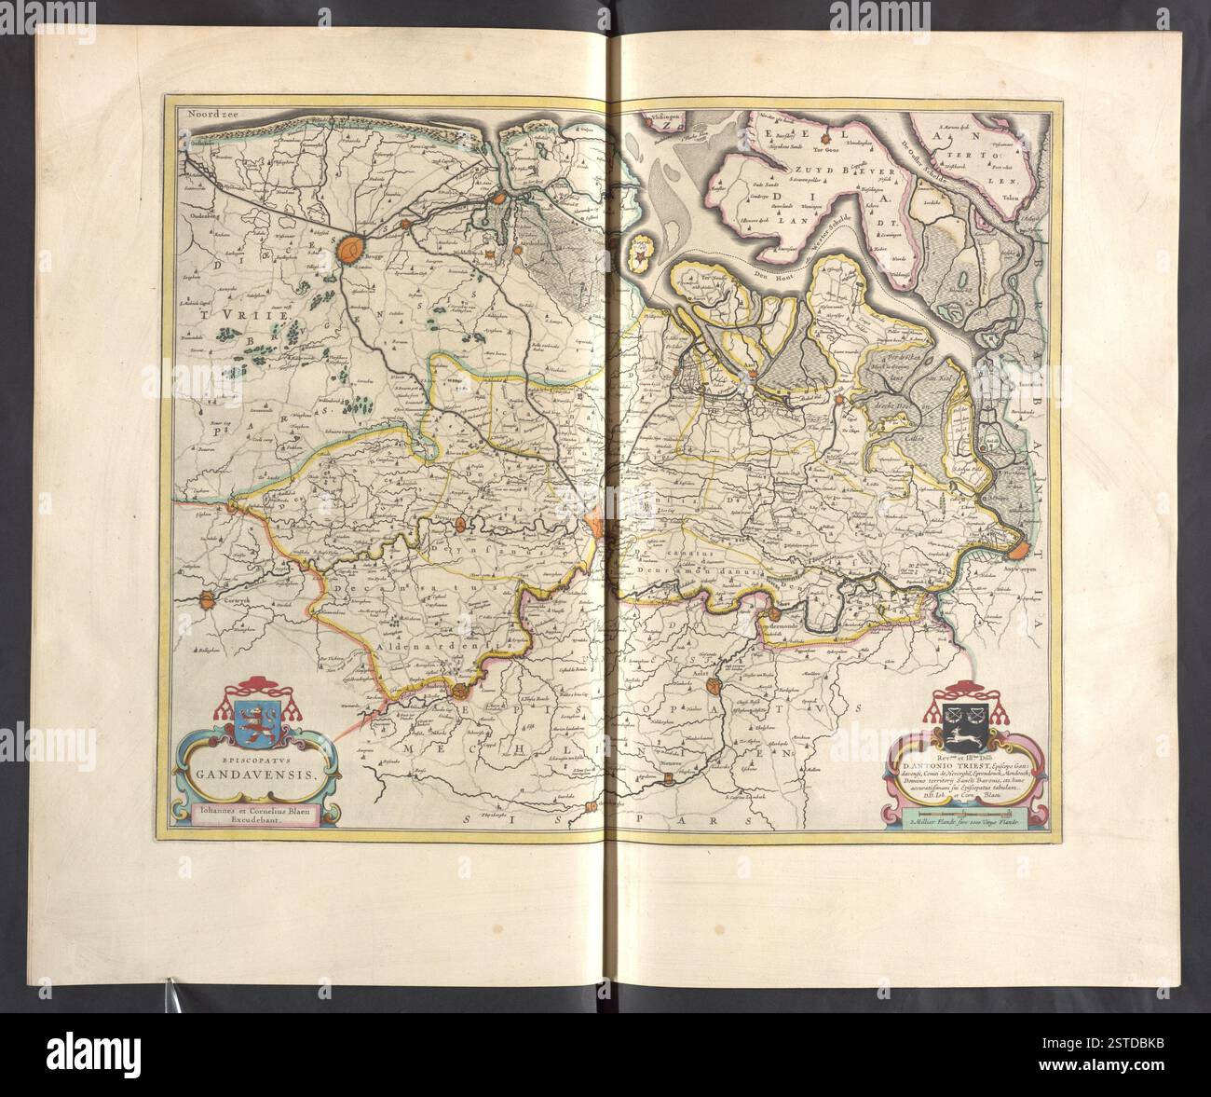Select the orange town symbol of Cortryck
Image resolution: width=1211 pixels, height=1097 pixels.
point(206,602)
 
